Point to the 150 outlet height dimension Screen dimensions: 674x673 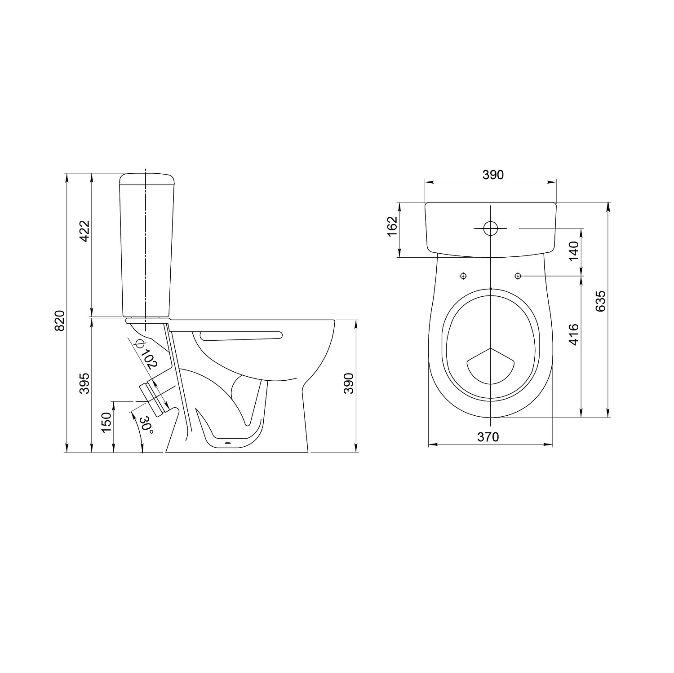click(106, 422)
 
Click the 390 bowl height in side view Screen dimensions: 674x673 click(349, 383)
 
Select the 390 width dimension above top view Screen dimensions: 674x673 click(493, 175)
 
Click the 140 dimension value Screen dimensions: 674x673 click(574, 251)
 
